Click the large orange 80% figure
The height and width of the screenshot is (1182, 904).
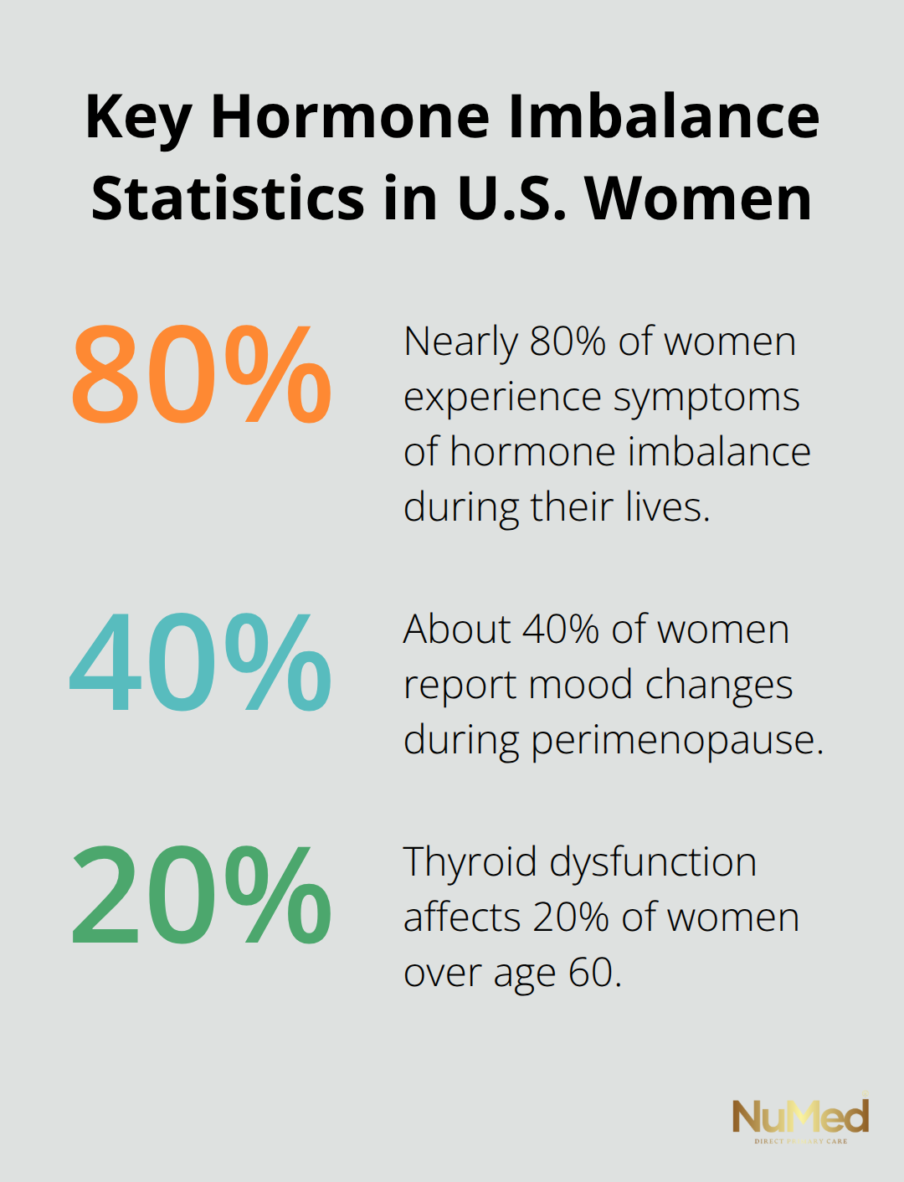coord(201,373)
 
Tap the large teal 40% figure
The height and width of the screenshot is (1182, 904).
coord(201,661)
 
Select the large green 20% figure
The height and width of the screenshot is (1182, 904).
coord(201,895)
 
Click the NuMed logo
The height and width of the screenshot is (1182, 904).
coord(800,1118)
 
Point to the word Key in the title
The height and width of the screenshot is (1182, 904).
coord(138,117)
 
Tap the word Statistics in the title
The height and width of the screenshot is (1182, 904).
coord(228,199)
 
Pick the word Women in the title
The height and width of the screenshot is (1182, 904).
coord(699,199)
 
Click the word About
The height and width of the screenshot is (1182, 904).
coord(457,630)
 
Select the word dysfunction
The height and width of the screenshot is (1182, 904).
coord(653,862)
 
